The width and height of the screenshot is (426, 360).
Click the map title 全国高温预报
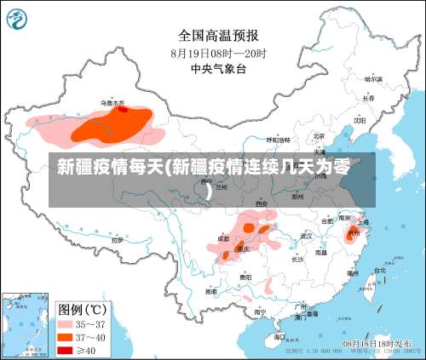click(218, 35)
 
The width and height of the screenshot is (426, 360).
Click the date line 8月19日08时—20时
click(218, 52)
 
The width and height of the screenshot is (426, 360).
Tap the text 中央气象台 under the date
click(218, 68)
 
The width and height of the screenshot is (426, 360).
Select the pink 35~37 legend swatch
click(65, 323)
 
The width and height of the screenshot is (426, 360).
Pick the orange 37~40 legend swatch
click(65, 337)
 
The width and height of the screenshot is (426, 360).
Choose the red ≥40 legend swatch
click(65, 350)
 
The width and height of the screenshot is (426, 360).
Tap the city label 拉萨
click(117, 240)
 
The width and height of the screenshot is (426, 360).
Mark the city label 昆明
click(210, 291)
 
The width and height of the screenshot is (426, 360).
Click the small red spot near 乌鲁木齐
click(123, 109)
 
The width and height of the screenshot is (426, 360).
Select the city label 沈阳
click(360, 121)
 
